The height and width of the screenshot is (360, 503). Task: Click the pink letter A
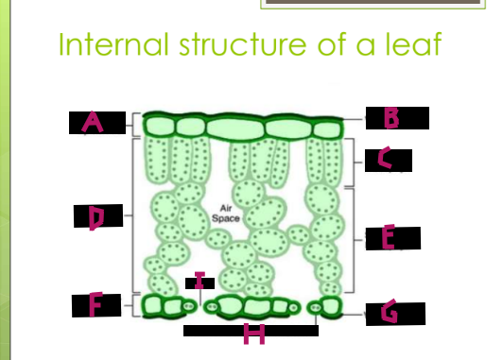[92, 121]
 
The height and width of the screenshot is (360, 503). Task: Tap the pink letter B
[390, 117]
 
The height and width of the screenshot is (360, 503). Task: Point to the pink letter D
[95, 217]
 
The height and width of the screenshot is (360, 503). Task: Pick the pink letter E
[388, 238]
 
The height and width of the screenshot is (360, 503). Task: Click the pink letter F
[95, 304]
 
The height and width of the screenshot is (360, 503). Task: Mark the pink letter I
[199, 280]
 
